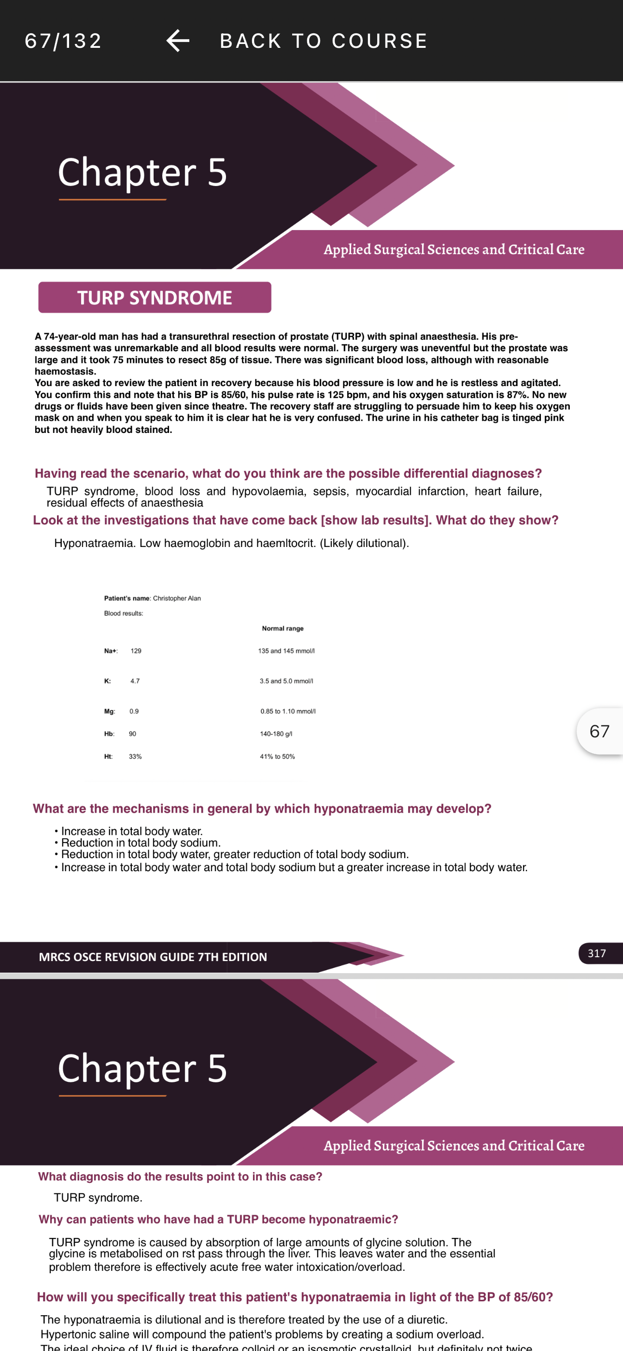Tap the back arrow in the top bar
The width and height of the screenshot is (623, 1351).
tap(178, 41)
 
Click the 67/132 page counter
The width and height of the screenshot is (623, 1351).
tap(63, 41)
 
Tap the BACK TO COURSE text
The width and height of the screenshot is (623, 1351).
tap(324, 41)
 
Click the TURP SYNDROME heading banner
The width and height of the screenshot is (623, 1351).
tap(155, 297)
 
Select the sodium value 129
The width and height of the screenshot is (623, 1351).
tap(136, 651)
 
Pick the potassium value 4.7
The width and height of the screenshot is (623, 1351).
tap(135, 681)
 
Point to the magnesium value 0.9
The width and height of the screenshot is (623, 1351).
tap(134, 712)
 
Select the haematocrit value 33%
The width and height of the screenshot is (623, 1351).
tap(135, 757)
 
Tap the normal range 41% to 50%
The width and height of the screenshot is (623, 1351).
tap(277, 757)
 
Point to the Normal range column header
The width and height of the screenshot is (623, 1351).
tap(283, 628)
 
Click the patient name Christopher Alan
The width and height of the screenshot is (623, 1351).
tap(177, 598)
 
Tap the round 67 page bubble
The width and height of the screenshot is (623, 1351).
tap(599, 731)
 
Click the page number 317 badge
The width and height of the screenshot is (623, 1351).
tap(597, 953)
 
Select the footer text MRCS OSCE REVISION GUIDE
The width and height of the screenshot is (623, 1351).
tap(153, 957)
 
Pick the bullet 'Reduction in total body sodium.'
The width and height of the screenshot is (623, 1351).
tap(141, 843)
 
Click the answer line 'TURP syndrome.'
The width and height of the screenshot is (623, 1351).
tap(98, 1198)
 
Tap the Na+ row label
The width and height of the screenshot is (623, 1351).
tap(111, 651)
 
